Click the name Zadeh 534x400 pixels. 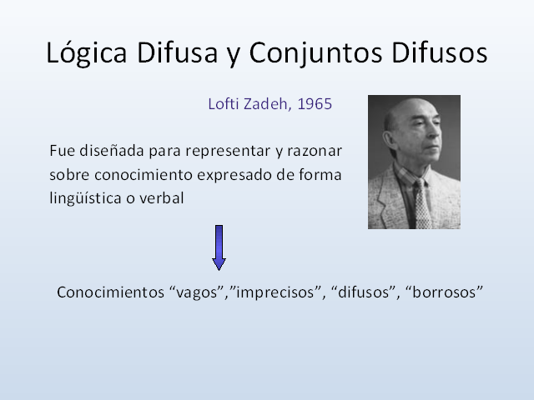[x=267, y=105]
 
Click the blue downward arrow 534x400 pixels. [x=219, y=247]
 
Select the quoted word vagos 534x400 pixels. [x=192, y=293]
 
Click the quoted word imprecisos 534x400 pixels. [x=275, y=293]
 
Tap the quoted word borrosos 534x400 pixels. [x=441, y=293]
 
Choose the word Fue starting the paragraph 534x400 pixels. [x=60, y=152]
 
